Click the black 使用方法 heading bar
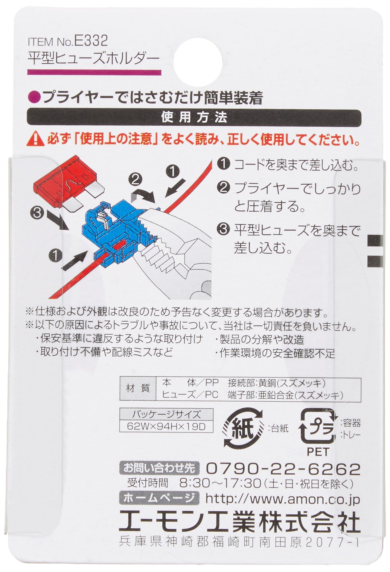pyautogui.click(x=195, y=117)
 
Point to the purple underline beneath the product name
pyautogui.click(x=94, y=72)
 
